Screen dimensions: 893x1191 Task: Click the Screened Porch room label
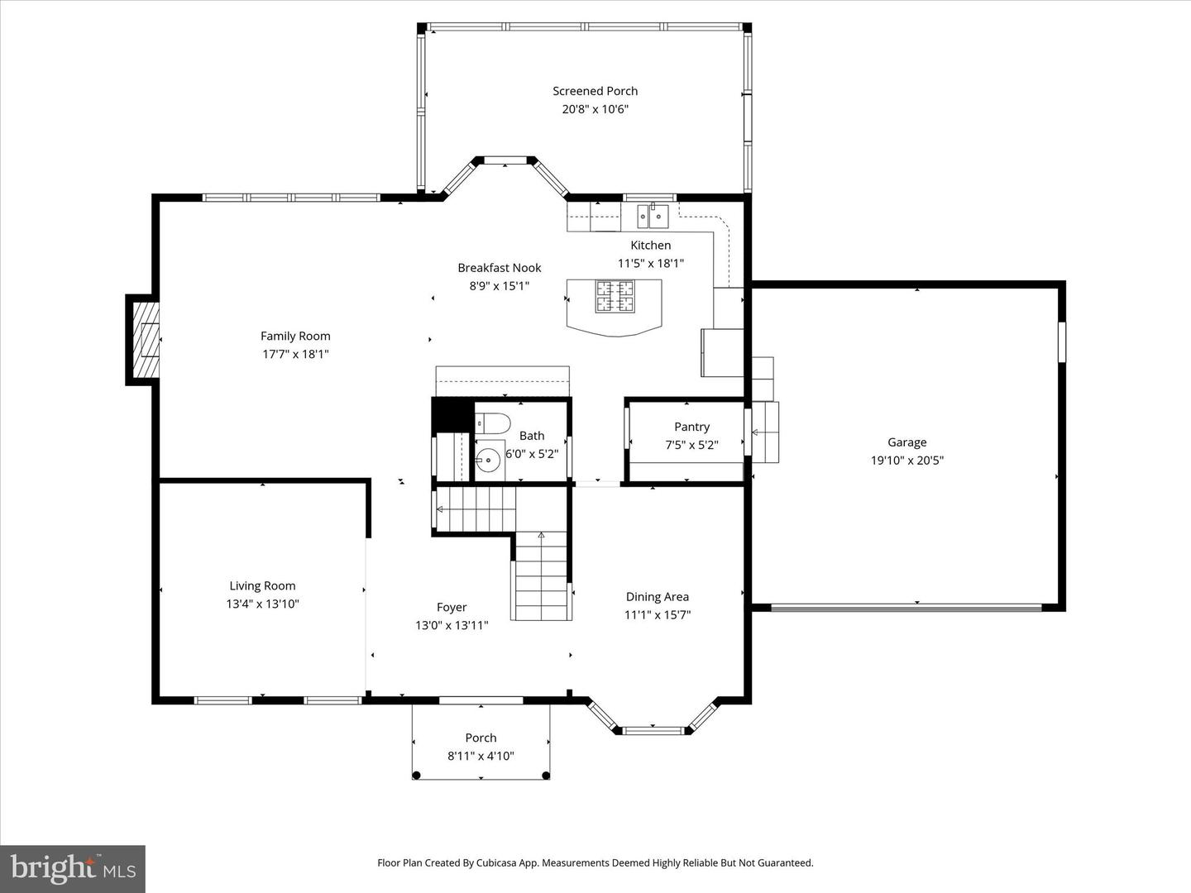[x=595, y=91]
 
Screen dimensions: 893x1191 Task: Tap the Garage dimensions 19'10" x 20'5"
[x=906, y=461]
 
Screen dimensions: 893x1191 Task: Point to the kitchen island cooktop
[x=615, y=297]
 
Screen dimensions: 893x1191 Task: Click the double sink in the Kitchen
[x=652, y=216]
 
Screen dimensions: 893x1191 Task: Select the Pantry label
[x=691, y=427]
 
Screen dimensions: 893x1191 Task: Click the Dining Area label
[x=657, y=596]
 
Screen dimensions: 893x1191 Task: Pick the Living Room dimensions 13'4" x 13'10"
[x=262, y=604]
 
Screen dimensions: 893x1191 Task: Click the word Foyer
[x=452, y=607]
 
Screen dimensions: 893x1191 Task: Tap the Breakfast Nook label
[x=500, y=268]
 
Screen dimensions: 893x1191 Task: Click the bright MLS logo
[x=73, y=868]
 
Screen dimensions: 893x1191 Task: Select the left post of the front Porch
[x=417, y=775]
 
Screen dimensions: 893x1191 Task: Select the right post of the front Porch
[x=546, y=775]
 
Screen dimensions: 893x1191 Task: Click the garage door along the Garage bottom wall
[x=906, y=608]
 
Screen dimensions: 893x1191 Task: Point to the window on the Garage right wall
[x=1061, y=341]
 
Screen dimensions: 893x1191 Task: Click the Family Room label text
[x=295, y=336]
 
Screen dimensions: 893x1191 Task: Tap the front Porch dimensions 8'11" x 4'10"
[x=481, y=755]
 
